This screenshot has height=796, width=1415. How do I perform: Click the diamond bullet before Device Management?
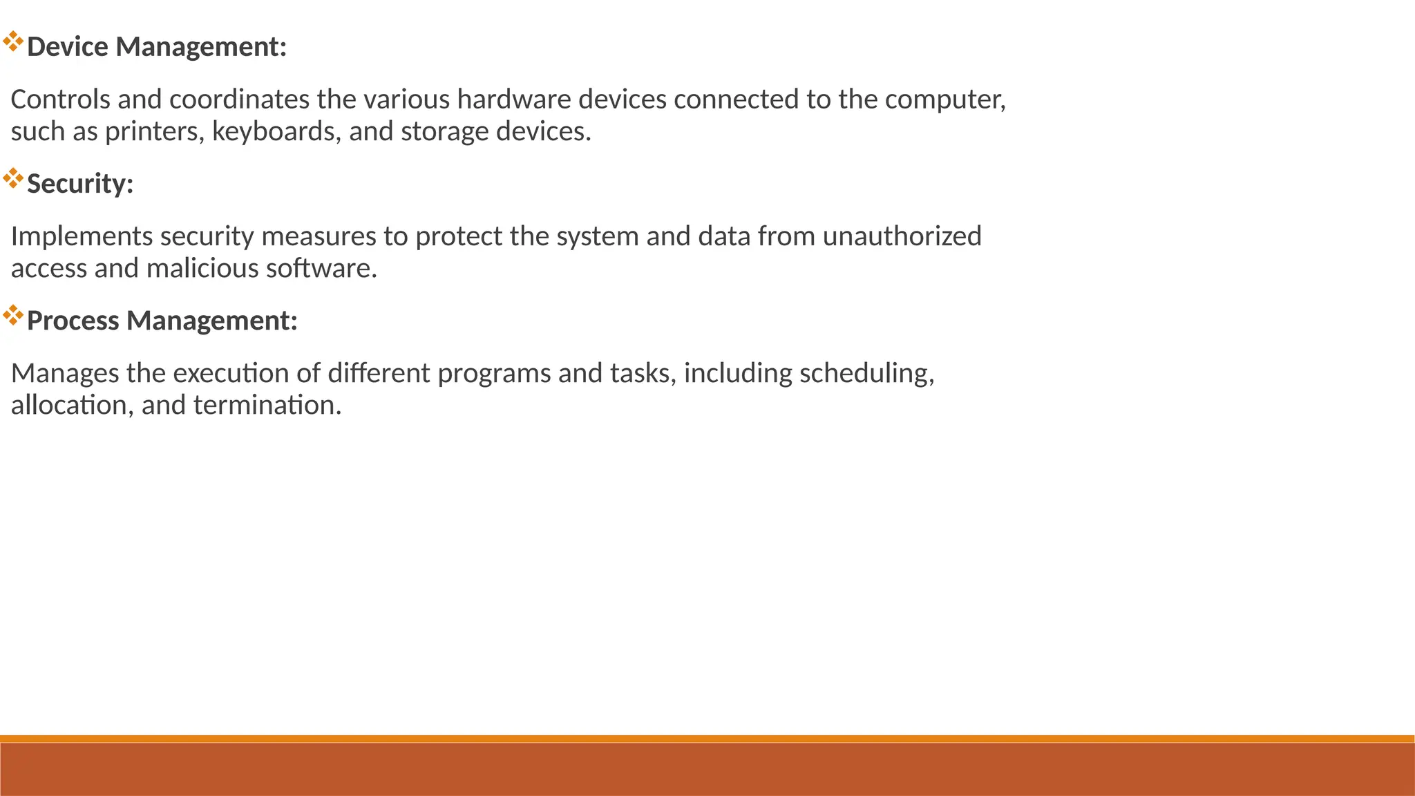13,41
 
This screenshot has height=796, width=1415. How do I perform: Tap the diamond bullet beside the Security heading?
13,178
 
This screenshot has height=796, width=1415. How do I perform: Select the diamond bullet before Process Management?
13,316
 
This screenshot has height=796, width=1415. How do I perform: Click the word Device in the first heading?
68,47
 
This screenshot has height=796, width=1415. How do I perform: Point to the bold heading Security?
80,184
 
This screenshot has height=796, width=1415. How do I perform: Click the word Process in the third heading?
73,321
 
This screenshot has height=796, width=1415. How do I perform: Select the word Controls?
61,99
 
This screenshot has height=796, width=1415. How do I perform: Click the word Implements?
82,236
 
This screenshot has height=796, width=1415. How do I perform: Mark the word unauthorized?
902,236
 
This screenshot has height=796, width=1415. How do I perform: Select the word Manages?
65,373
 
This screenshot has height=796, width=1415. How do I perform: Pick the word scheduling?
866,373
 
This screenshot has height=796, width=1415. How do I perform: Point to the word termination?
267,405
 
